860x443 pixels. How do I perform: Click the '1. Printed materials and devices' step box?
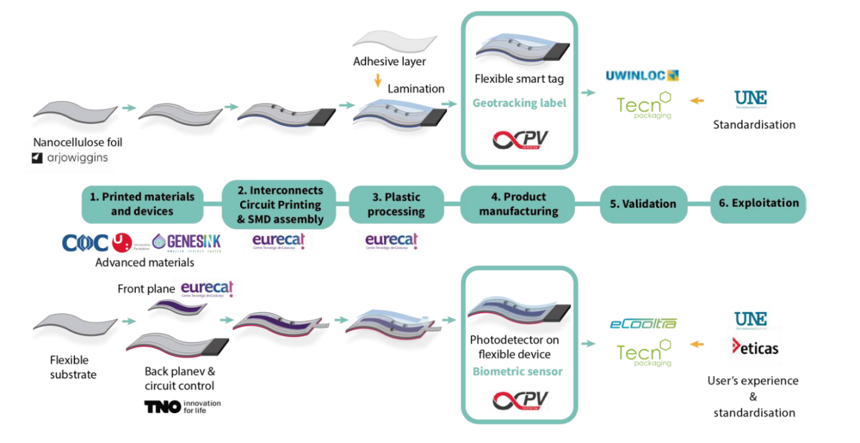point(142,204)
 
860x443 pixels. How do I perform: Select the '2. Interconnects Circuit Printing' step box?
point(279,204)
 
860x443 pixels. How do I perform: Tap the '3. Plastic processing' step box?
point(395,204)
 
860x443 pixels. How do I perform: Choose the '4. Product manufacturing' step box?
point(518,204)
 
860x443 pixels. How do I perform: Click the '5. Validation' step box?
point(643,204)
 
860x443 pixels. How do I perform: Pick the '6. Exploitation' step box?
point(758,204)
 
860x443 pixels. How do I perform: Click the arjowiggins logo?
point(69,158)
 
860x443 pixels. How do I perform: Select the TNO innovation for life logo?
point(182,406)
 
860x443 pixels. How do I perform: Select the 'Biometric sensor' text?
point(517,372)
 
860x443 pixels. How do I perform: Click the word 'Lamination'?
point(416,89)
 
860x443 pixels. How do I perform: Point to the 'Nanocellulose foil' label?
point(78,143)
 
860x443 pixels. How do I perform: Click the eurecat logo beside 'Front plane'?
point(207,289)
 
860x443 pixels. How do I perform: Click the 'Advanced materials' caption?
point(145,262)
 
